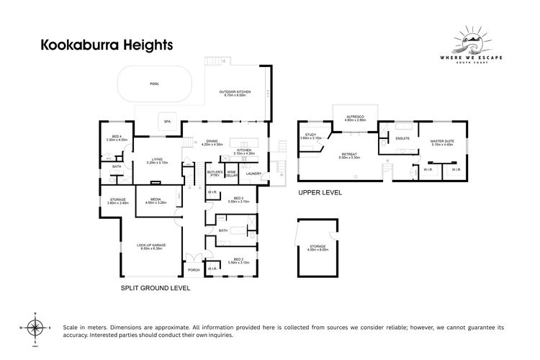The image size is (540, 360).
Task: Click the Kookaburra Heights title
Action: click(106, 45)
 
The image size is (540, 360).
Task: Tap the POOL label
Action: click(153, 84)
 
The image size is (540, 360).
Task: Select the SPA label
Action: click(168, 122)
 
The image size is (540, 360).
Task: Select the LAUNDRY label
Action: click(253, 174)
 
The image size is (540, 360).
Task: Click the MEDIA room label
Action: click(156, 201)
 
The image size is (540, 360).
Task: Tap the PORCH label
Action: click(193, 270)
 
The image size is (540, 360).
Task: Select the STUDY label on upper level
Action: click(310, 135)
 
